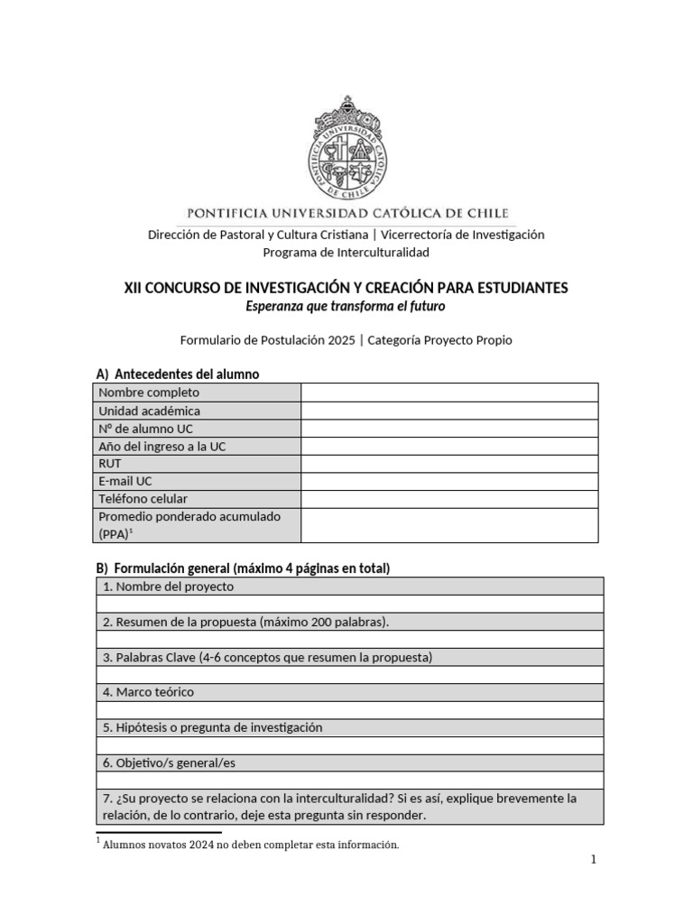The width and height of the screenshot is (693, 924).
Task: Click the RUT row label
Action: click(x=110, y=464)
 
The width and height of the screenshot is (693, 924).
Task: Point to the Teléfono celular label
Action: click(x=143, y=499)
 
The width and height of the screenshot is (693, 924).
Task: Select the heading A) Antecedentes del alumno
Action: click(x=178, y=374)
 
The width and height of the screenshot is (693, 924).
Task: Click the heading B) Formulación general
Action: click(x=243, y=568)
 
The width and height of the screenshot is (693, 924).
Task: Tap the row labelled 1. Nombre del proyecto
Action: click(x=169, y=587)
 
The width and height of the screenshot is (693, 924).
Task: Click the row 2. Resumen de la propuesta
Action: click(x=245, y=622)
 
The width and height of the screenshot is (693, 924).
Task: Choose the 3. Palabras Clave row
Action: click(x=267, y=657)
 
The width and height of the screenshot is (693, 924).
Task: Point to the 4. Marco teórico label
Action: click(x=149, y=692)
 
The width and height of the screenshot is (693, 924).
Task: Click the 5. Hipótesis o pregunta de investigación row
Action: click(x=213, y=727)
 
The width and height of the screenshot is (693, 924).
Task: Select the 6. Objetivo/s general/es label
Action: click(x=169, y=762)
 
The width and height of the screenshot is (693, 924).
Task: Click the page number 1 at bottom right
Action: click(x=593, y=860)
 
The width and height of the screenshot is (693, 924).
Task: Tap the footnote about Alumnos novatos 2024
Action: click(x=250, y=845)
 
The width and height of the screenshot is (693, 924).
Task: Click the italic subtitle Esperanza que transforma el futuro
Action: click(x=346, y=307)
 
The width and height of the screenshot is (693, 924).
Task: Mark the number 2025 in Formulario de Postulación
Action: click(x=341, y=340)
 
